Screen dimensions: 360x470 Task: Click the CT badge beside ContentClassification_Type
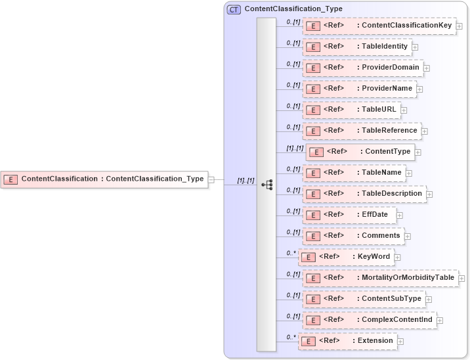pyautogui.click(x=234, y=9)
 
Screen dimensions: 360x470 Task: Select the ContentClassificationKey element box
pyautogui.click(x=379, y=26)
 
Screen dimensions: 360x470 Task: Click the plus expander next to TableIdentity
pyautogui.click(x=415, y=47)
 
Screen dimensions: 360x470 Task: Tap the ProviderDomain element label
pyautogui.click(x=391, y=67)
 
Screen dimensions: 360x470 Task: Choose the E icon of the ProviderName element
pyautogui.click(x=314, y=89)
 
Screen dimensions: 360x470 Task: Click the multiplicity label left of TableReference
pyautogui.click(x=293, y=127)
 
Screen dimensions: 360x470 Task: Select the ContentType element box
pyautogui.click(x=360, y=152)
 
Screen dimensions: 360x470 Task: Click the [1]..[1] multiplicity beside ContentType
pyautogui.click(x=295, y=148)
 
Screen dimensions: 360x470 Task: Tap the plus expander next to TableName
pyautogui.click(x=409, y=173)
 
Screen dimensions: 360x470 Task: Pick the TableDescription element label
pyautogui.click(x=392, y=193)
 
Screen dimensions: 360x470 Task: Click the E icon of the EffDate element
pyautogui.click(x=314, y=215)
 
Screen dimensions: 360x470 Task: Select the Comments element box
pyautogui.click(x=353, y=236)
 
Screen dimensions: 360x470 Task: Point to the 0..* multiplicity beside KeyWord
pyautogui.click(x=291, y=253)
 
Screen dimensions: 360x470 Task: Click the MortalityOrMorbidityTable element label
pyautogui.click(x=408, y=277)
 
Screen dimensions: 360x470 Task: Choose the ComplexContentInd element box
pyautogui.click(x=369, y=320)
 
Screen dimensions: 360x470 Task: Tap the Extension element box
pyautogui.click(x=347, y=341)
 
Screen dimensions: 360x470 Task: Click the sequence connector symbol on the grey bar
pyautogui.click(x=267, y=185)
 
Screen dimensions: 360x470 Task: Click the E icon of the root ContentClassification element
pyautogui.click(x=11, y=179)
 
